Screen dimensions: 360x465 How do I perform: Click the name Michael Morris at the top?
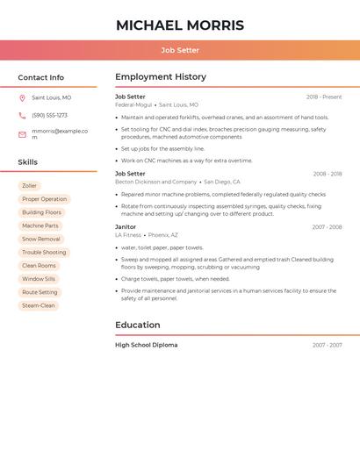(180, 25)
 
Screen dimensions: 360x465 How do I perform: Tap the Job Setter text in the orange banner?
(180, 50)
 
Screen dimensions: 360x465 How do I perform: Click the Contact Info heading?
(41, 77)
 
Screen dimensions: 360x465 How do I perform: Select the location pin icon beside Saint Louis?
(22, 98)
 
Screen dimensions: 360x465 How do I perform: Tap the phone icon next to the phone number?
(22, 115)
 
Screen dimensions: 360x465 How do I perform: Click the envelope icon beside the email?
(22, 134)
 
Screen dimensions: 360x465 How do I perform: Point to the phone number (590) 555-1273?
(49, 115)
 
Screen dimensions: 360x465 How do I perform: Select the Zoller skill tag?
(30, 186)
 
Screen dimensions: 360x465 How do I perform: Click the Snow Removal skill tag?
(41, 239)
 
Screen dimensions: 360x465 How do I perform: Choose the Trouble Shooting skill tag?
(44, 253)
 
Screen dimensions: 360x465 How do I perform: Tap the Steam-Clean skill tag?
(39, 305)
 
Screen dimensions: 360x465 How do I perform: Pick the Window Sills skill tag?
(39, 279)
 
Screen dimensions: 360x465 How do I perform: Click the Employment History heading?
(161, 77)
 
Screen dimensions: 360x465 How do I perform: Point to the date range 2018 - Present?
(324, 97)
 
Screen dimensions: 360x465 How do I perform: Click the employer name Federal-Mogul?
(133, 104)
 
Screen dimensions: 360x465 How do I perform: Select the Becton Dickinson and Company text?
(155, 182)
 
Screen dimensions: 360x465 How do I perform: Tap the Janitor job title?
(126, 226)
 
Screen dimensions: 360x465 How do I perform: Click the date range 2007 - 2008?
(327, 227)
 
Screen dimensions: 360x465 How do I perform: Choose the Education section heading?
(137, 325)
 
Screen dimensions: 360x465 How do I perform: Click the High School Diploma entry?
(146, 345)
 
